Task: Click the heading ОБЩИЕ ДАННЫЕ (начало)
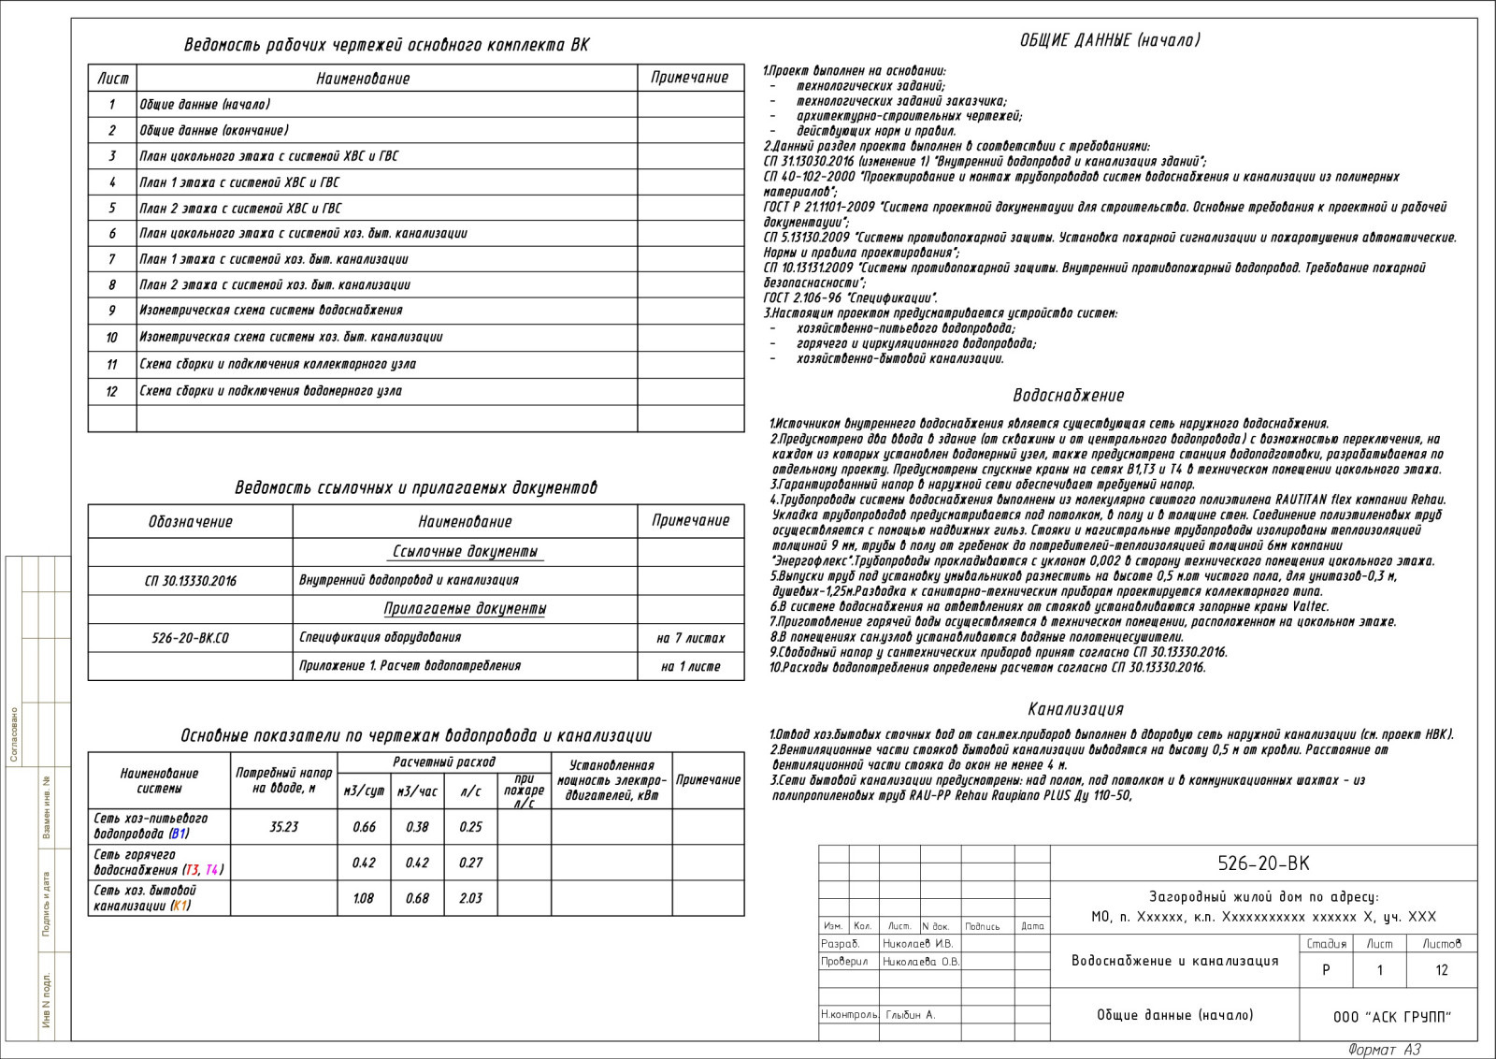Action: click(x=1110, y=40)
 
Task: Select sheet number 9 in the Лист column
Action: click(x=112, y=311)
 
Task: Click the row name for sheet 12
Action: click(x=270, y=391)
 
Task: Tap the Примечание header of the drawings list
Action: click(x=690, y=78)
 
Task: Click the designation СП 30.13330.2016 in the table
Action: click(x=190, y=581)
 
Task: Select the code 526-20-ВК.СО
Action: click(x=190, y=638)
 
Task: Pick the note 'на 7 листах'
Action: click(x=690, y=638)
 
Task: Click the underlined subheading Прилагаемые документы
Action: click(x=465, y=609)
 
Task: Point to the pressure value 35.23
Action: click(x=283, y=827)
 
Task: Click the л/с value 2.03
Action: click(x=470, y=898)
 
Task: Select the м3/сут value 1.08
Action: click(x=363, y=898)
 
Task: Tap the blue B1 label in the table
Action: click(x=180, y=834)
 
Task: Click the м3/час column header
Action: click(x=417, y=791)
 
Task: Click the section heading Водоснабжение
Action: click(x=1068, y=396)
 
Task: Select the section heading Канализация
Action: click(x=1075, y=709)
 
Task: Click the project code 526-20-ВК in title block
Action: click(x=1263, y=863)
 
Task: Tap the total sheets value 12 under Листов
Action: click(x=1441, y=970)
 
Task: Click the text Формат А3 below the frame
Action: click(x=1384, y=1050)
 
